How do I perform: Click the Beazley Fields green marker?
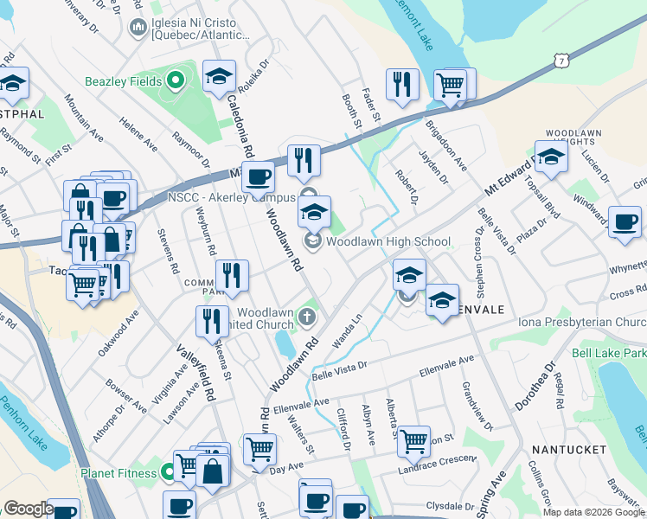coord(176,82)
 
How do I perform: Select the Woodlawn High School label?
coord(388,241)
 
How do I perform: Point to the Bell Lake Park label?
coord(609,355)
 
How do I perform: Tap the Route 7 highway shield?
coord(563,60)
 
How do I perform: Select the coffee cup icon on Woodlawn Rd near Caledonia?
coord(258,177)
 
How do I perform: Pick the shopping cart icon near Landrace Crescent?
coord(413,440)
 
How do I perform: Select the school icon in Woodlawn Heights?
coord(551,157)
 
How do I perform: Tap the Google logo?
coord(29,509)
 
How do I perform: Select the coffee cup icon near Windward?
coord(625,221)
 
